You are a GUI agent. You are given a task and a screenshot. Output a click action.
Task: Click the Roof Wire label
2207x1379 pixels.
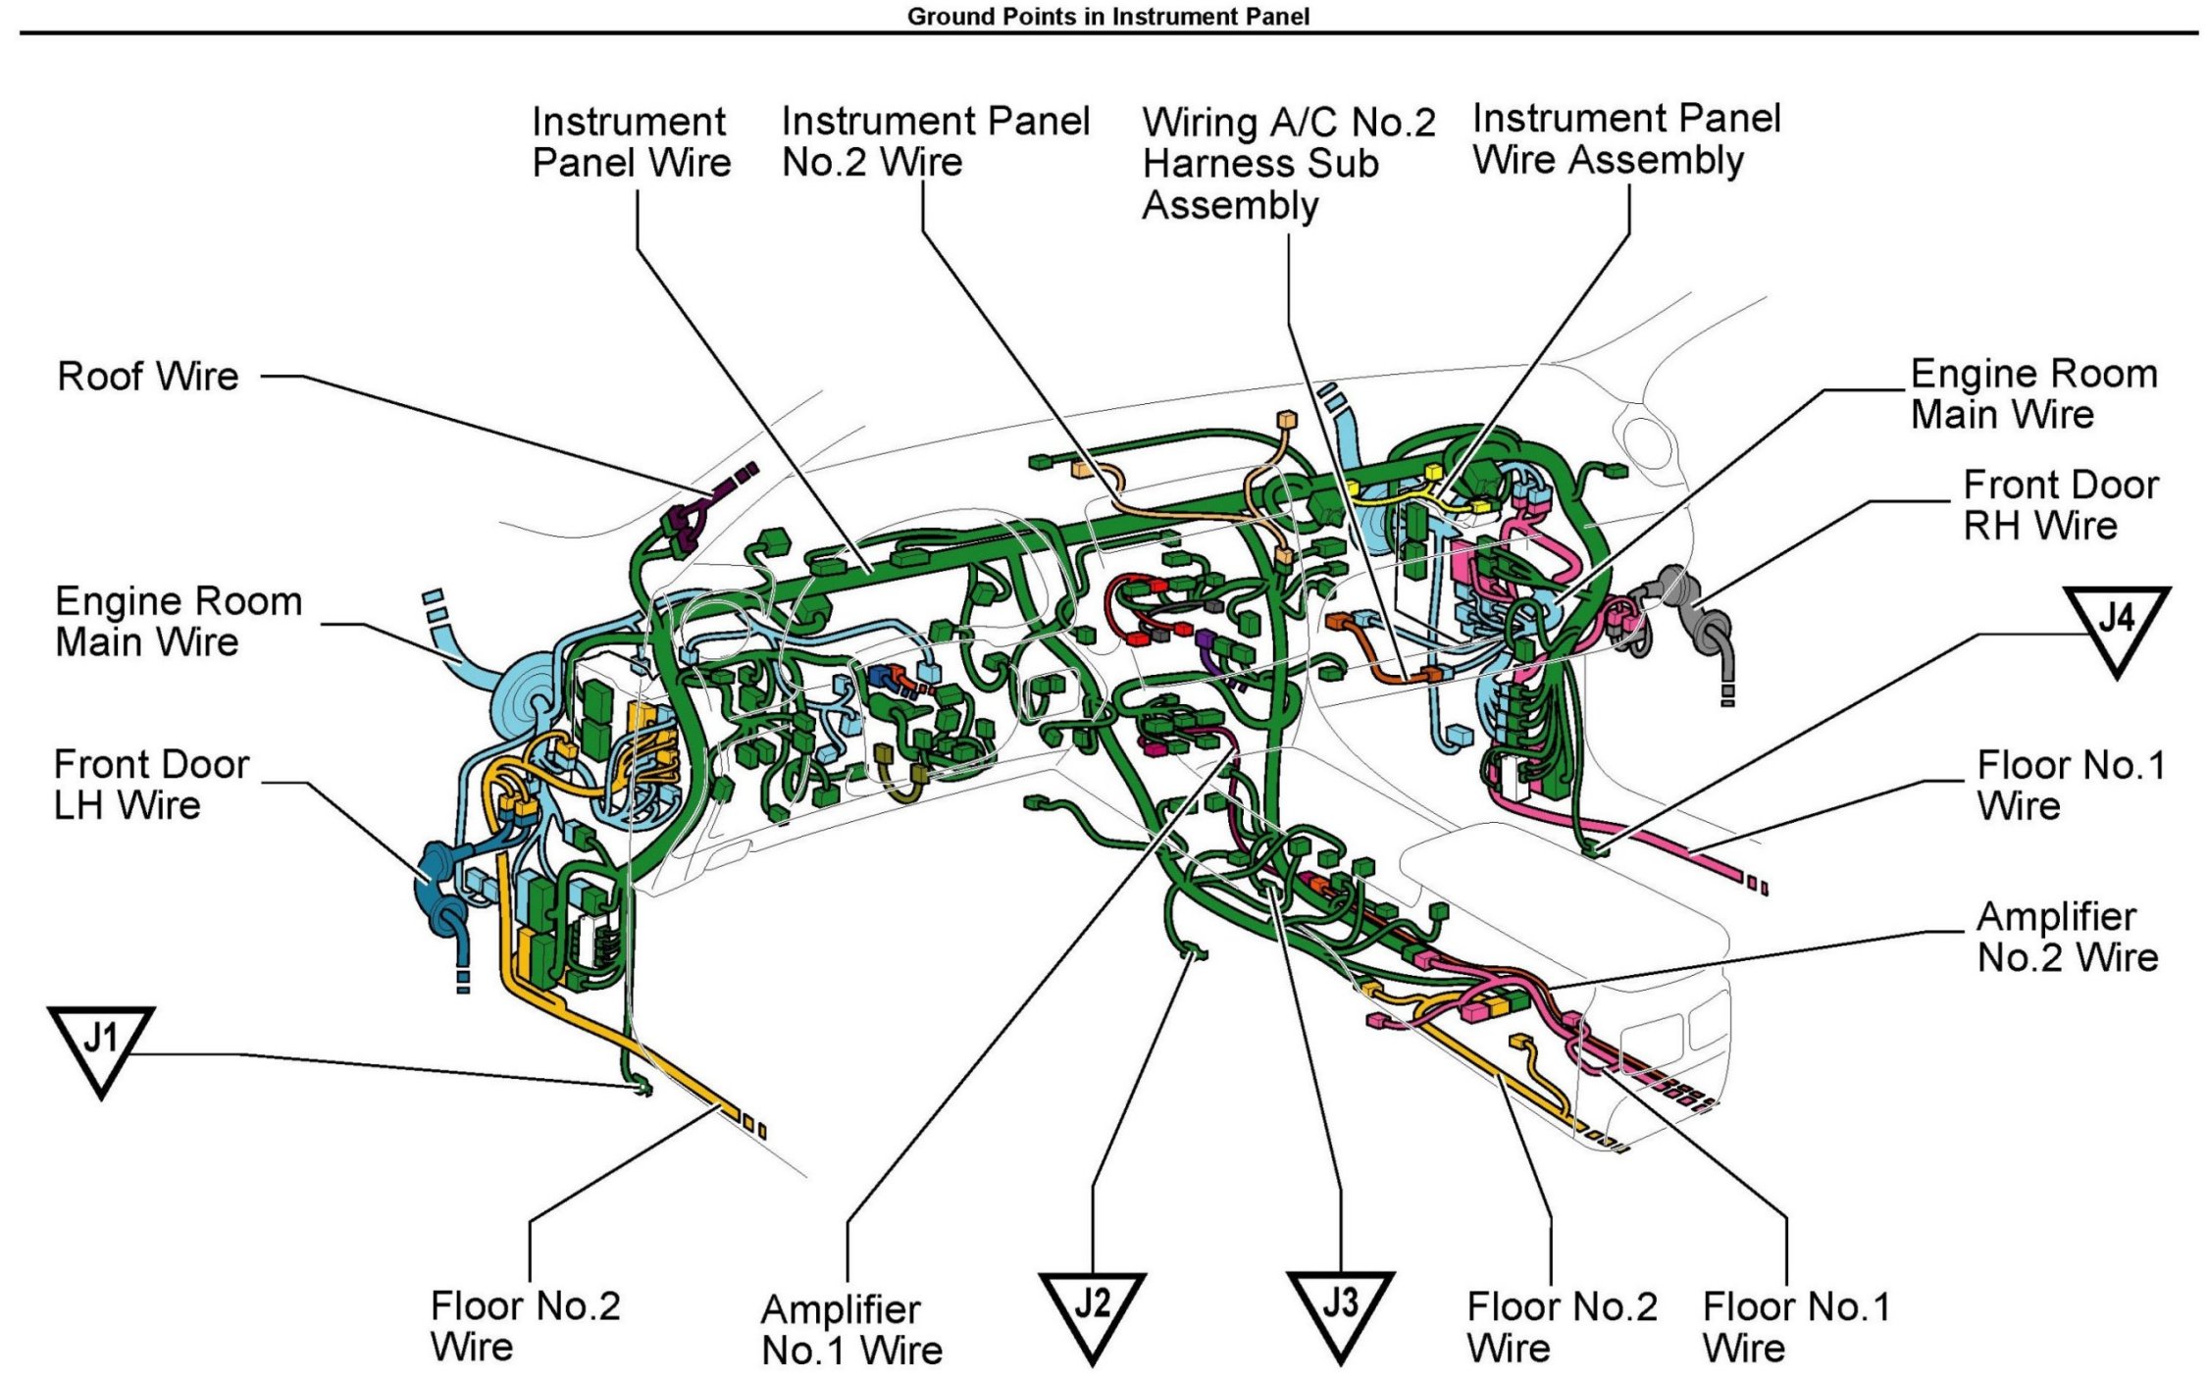(x=148, y=376)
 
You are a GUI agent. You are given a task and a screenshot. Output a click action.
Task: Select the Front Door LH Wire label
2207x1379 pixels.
(x=152, y=785)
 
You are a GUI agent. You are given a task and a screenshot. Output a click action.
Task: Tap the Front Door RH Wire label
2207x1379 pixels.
(x=2061, y=505)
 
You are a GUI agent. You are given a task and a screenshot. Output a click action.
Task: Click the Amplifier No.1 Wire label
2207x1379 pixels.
(x=851, y=1330)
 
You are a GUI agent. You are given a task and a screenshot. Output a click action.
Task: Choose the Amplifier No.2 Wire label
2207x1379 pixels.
(x=2068, y=937)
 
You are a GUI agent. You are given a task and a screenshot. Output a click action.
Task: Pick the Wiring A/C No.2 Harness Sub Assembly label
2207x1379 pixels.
(x=1289, y=164)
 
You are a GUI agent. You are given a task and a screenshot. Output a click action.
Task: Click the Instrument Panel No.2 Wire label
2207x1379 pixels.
(x=936, y=141)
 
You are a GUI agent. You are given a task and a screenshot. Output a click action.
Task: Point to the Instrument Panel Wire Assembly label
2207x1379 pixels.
(x=1626, y=138)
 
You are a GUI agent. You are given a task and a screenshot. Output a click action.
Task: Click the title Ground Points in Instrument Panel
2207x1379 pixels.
(x=1108, y=16)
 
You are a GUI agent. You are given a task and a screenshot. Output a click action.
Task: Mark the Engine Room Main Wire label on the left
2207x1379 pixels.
(x=179, y=621)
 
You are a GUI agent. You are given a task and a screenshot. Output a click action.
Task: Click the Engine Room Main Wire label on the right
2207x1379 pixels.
(x=2034, y=393)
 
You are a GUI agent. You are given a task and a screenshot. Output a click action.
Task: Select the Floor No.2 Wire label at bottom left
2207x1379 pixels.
(x=525, y=1326)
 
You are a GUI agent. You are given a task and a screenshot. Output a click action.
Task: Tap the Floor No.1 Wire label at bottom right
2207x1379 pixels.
(x=1796, y=1327)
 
